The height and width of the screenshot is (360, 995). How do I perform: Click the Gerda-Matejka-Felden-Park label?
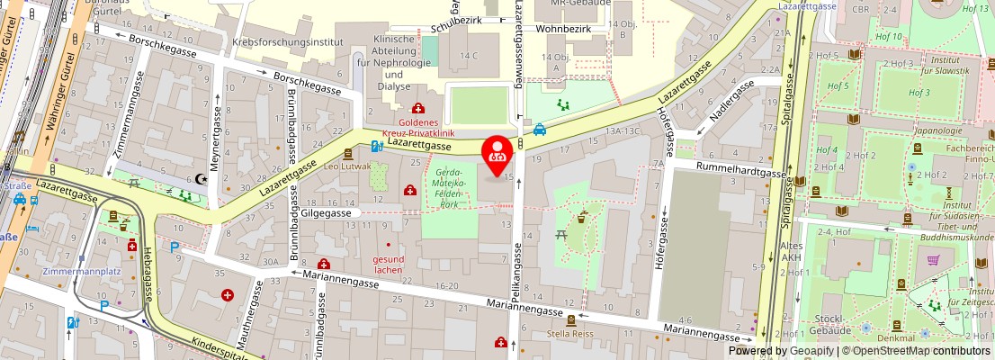(449, 187)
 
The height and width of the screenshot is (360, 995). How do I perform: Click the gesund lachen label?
(388, 264)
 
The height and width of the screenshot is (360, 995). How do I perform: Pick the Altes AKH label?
(792, 251)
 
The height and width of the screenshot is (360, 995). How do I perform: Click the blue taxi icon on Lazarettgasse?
(539, 129)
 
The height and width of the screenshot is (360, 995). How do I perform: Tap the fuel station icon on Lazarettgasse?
(378, 146)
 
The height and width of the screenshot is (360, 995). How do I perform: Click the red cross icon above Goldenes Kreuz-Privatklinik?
(418, 108)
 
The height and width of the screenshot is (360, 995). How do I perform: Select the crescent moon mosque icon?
(201, 179)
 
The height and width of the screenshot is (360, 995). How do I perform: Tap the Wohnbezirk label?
(563, 29)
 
